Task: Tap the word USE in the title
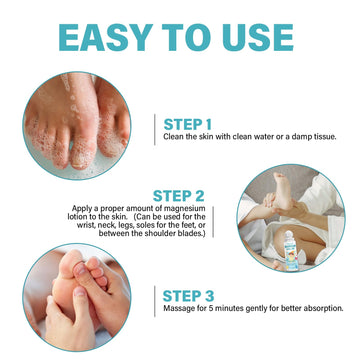click(x=258, y=37)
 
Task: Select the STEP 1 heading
click(x=188, y=124)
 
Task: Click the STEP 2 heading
click(x=178, y=196)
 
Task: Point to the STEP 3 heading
click(x=188, y=296)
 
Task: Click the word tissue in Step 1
click(x=322, y=137)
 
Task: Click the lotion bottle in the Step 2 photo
click(x=290, y=250)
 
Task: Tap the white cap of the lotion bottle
click(x=289, y=235)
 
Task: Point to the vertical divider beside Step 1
click(x=155, y=130)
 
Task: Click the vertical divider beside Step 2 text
click(x=213, y=221)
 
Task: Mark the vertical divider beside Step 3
click(x=155, y=301)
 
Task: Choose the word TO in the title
click(x=188, y=37)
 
